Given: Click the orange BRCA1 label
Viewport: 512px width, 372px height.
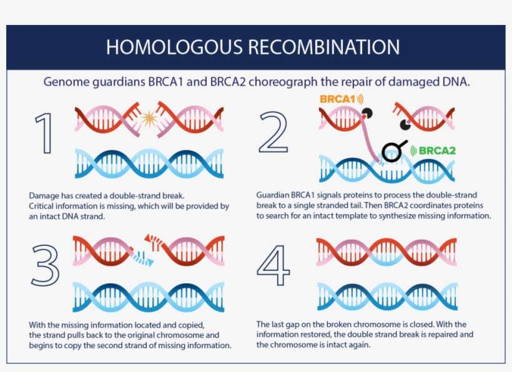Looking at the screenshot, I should (x=337, y=99).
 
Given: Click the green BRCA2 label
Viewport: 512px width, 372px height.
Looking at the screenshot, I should (x=438, y=150).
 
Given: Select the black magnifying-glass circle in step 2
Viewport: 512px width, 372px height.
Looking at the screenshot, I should (x=393, y=150).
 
